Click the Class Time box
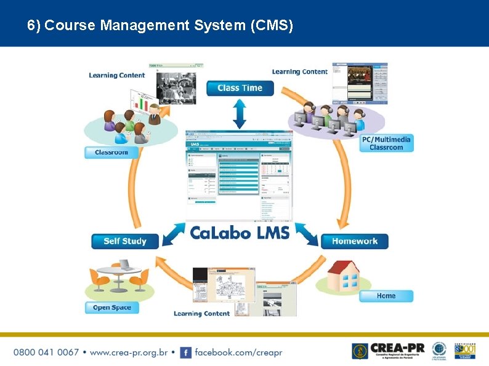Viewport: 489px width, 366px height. [240, 88]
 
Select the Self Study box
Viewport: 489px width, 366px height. [125, 241]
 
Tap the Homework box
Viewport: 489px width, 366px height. [354, 241]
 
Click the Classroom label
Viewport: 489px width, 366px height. [111, 152]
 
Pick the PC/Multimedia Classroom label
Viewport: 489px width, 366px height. [386, 143]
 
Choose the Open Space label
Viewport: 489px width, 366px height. [111, 307]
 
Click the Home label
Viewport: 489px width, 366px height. [386, 296]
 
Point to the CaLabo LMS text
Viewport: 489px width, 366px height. [240, 233]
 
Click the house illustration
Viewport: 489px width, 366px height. [343, 276]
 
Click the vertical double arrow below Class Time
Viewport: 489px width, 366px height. [240, 114]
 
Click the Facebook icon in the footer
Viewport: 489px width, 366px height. [185, 352]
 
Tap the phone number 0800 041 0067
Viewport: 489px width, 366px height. [46, 352]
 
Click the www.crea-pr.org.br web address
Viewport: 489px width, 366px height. [129, 352]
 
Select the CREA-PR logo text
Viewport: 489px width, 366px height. [397, 348]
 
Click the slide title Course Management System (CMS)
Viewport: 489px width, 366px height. [160, 26]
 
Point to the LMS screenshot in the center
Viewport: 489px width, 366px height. [240, 175]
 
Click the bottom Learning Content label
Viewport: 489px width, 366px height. [201, 314]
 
